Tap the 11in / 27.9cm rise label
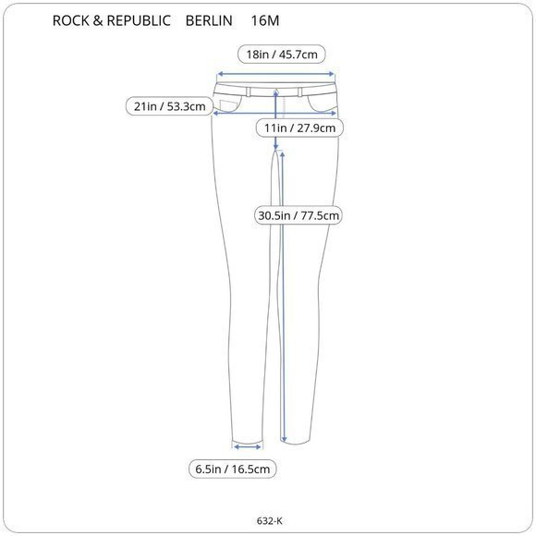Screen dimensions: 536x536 [x=300, y=128]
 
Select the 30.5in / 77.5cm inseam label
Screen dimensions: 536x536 [x=300, y=216]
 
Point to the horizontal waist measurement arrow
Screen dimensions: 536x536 [x=275, y=76]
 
